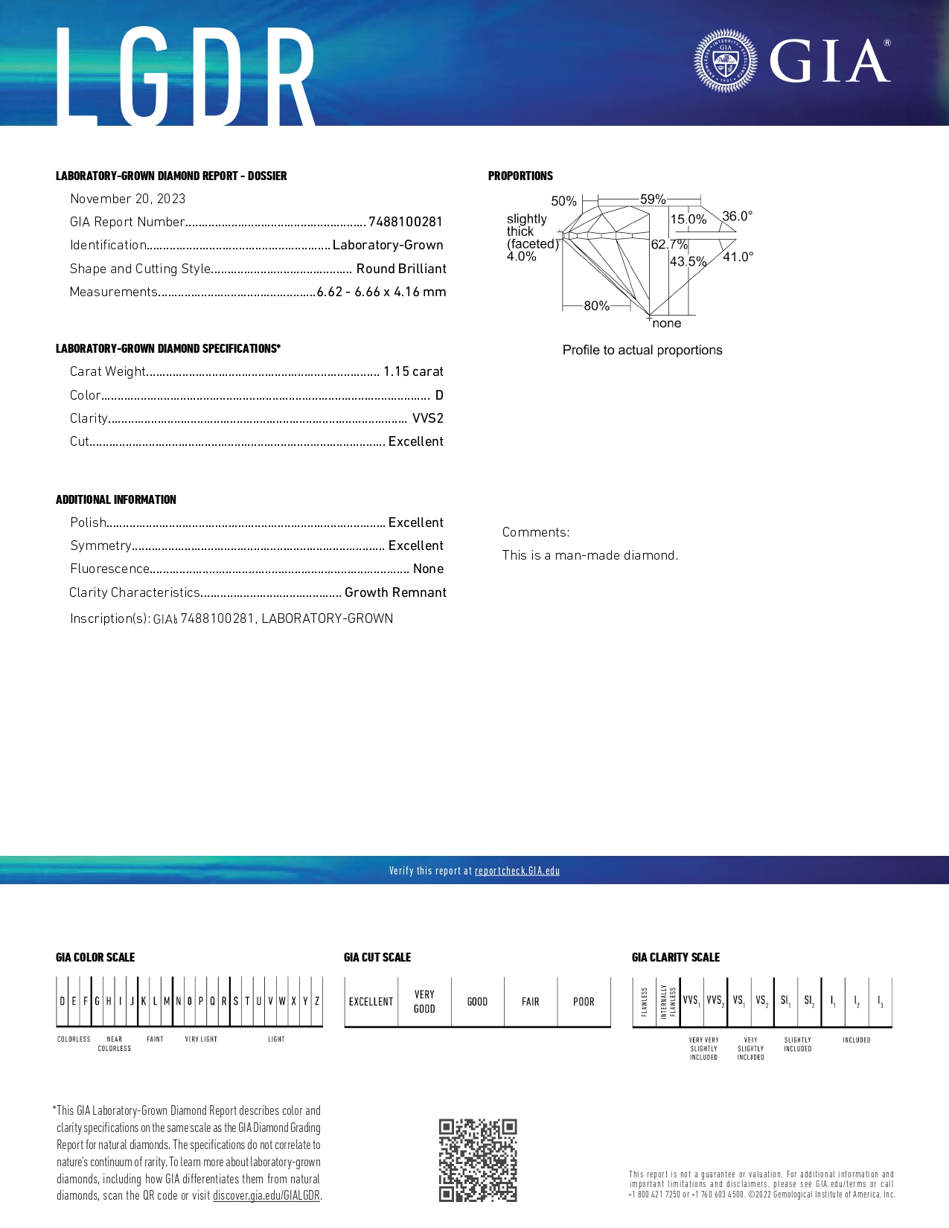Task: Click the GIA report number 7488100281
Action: [x=406, y=222]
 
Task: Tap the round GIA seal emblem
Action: [x=725, y=60]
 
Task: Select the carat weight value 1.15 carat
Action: [x=413, y=371]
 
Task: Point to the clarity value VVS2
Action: [x=427, y=418]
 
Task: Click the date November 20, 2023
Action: [x=128, y=199]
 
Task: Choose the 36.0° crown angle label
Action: [x=737, y=217]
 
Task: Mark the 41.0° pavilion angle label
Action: [x=738, y=257]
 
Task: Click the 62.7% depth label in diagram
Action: [x=668, y=244]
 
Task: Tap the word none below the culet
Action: [x=667, y=323]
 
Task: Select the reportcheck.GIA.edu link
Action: [x=517, y=871]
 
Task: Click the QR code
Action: [x=477, y=1160]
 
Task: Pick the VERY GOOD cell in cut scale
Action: [x=424, y=1002]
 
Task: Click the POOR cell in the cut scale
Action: [x=584, y=1002]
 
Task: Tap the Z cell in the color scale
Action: [x=317, y=1001]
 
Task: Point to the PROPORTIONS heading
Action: [x=520, y=176]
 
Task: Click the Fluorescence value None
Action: [x=428, y=569]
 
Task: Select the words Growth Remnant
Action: [x=395, y=592]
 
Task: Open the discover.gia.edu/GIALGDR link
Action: [x=266, y=1195]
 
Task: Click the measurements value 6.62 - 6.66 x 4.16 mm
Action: [x=381, y=292]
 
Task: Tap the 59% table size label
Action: [x=653, y=199]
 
